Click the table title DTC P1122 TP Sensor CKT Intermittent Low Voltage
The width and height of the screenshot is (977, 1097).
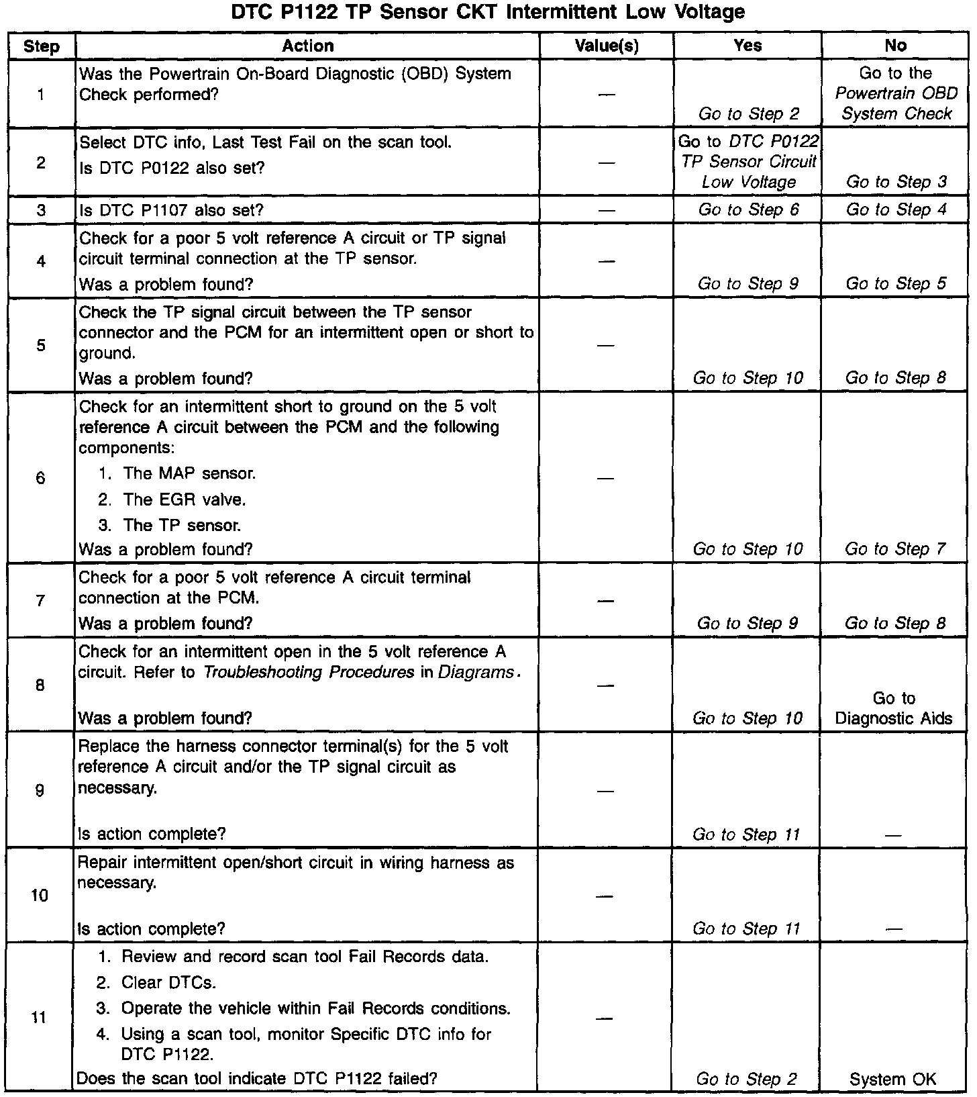[x=488, y=12]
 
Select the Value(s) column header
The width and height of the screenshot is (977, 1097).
[x=607, y=46]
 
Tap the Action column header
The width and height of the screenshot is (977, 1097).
[x=307, y=46]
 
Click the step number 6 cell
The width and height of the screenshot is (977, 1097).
[x=41, y=477]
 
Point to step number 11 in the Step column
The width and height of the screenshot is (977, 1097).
[x=40, y=1017]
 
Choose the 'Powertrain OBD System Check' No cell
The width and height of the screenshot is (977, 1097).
[x=896, y=93]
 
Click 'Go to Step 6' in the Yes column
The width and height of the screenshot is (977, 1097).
[x=748, y=209]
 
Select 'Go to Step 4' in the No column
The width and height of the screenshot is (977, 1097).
[x=896, y=209]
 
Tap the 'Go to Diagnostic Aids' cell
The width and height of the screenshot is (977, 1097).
[x=894, y=708]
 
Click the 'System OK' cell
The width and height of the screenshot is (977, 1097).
[x=892, y=1079]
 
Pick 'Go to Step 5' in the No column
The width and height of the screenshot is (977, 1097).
[x=896, y=283]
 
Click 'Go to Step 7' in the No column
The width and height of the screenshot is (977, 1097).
[x=895, y=549]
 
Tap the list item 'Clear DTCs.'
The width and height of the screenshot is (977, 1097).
[x=168, y=983]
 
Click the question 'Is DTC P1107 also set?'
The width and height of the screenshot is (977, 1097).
[x=171, y=210]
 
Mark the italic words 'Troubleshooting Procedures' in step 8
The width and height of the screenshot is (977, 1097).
[x=309, y=672]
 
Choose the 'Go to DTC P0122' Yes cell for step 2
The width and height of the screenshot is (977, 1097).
[x=748, y=162]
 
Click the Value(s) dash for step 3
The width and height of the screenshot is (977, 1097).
[x=606, y=210]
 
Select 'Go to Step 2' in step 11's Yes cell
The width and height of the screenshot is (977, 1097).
[x=746, y=1079]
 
